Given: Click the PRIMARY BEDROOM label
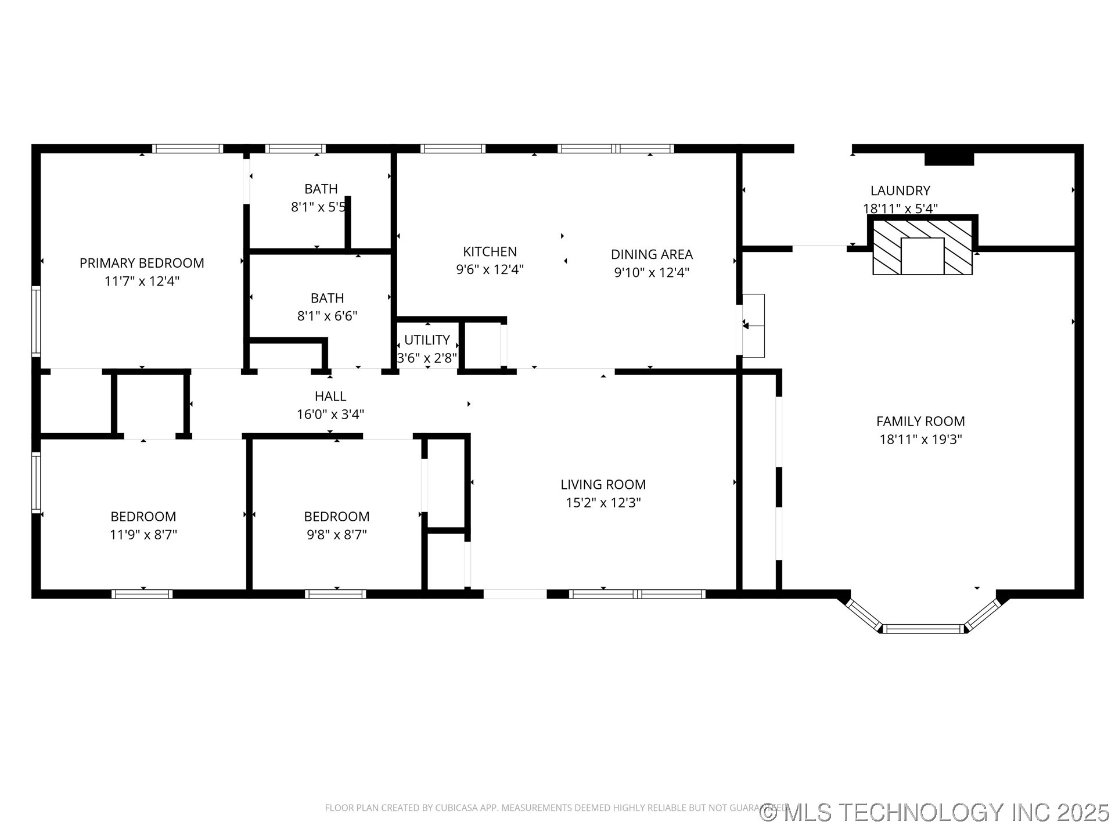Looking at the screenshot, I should click(x=142, y=263).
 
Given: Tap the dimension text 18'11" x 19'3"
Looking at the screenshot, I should click(x=920, y=439).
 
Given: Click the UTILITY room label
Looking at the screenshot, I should click(x=427, y=340).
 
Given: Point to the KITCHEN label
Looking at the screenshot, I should click(x=490, y=251).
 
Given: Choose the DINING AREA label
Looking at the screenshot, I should click(x=652, y=254).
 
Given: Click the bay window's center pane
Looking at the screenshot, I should click(x=923, y=628).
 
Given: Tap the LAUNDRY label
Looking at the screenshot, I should click(x=900, y=190).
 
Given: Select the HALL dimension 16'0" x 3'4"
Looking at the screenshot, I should click(x=330, y=415).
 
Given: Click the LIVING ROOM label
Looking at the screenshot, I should click(x=603, y=484).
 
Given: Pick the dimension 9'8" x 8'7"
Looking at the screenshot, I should click(x=337, y=535).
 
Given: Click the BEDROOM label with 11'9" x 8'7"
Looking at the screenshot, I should click(x=143, y=516).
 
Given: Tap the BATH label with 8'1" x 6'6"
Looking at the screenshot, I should click(x=327, y=298).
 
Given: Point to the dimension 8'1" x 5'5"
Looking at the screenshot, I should click(x=318, y=207).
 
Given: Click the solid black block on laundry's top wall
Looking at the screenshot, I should click(x=948, y=158).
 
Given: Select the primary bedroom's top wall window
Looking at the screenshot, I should click(x=187, y=149).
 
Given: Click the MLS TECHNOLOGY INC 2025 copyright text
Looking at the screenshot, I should click(x=935, y=812).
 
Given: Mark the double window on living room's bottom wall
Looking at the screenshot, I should click(x=637, y=594).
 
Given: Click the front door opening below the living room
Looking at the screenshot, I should click(x=515, y=594).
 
